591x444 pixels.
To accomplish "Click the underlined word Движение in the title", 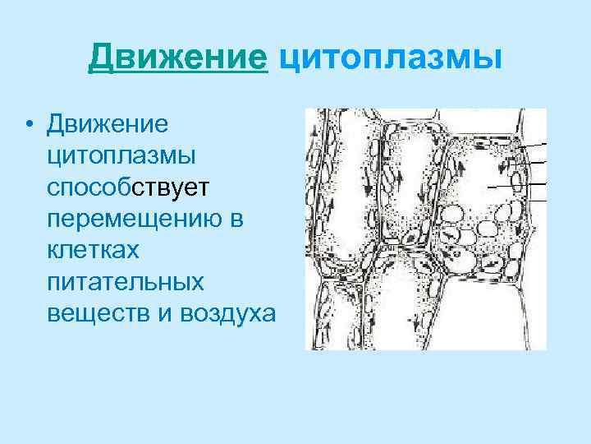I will [x=179, y=58].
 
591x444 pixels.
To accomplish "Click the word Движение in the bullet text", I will [x=108, y=123].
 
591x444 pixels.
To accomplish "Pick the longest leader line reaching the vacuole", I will [x=517, y=186].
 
